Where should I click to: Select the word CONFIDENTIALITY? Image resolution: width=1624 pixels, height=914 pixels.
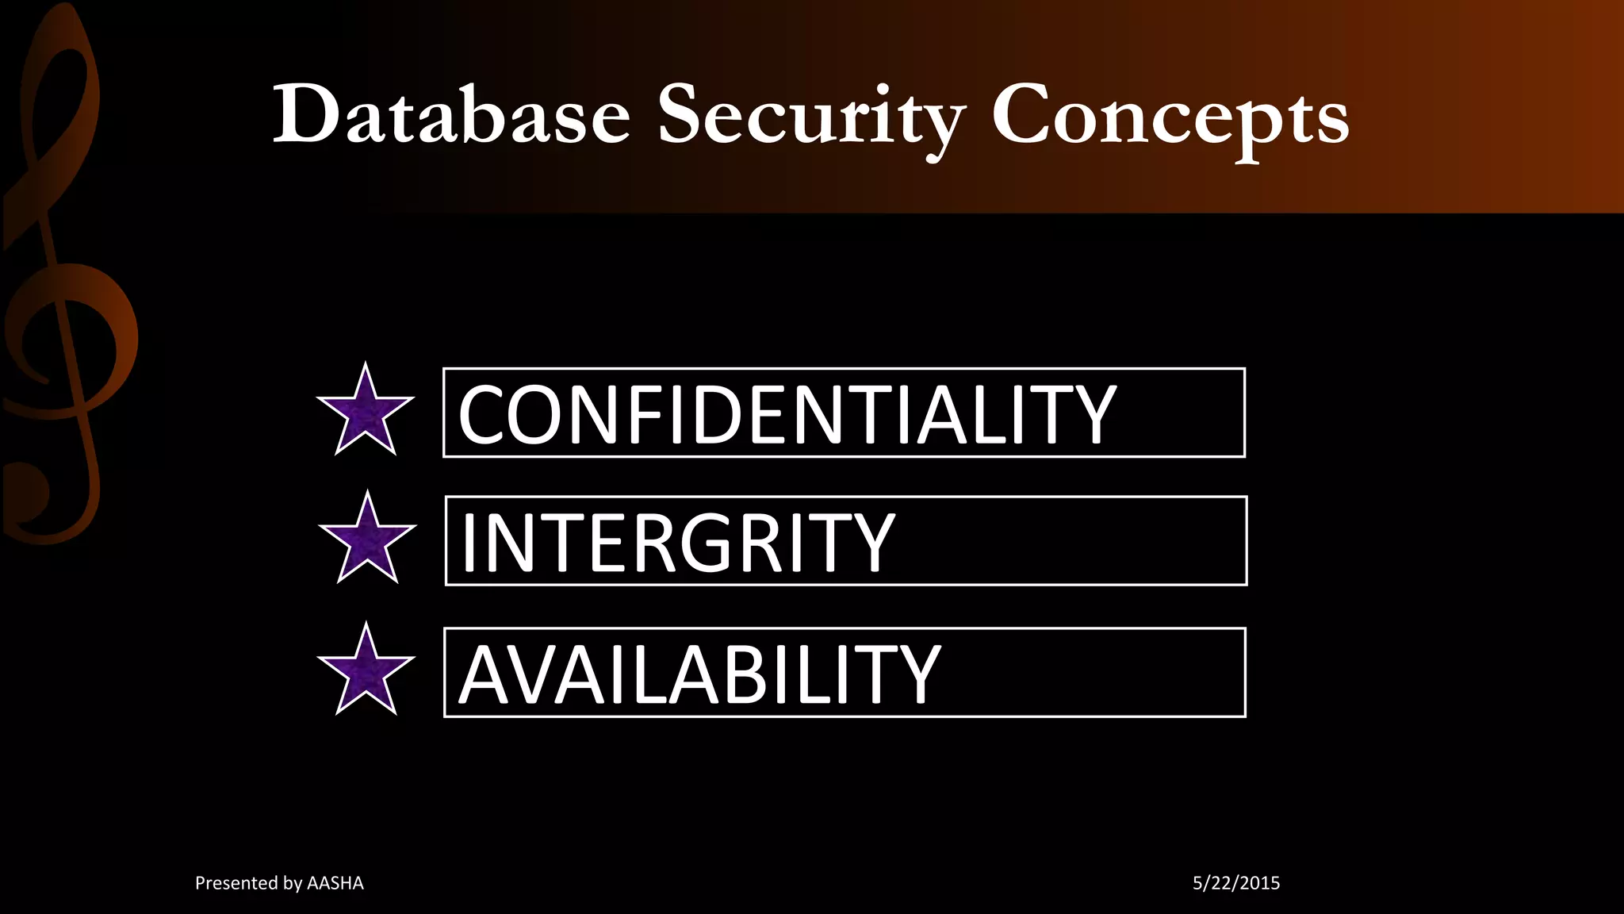(787, 414)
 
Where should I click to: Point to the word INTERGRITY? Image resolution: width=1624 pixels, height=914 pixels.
(678, 543)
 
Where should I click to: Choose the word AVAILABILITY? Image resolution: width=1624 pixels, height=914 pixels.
(699, 674)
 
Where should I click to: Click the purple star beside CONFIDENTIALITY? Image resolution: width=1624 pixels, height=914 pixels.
(366, 411)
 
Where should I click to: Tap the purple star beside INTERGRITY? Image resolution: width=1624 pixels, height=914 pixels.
(367, 540)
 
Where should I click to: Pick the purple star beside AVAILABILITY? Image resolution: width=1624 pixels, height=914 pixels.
(366, 671)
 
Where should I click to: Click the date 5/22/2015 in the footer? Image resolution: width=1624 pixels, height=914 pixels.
(1236, 883)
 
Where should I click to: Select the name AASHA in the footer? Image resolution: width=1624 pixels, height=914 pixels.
(335, 883)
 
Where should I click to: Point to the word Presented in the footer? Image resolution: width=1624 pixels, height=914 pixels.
(235, 883)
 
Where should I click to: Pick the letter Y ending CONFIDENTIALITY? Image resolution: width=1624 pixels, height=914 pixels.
(1093, 414)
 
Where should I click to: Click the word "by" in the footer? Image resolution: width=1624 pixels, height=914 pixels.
(293, 884)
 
